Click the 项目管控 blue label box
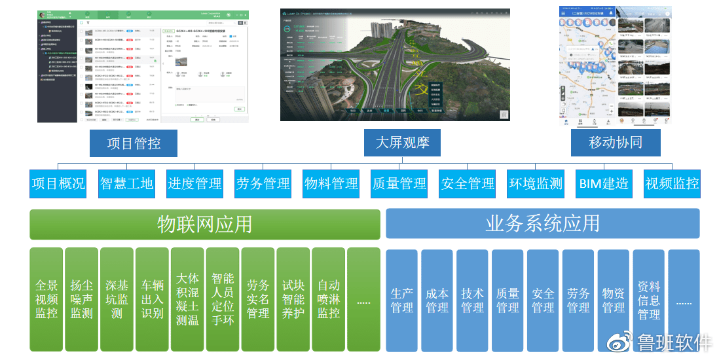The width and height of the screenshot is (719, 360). point(134,143)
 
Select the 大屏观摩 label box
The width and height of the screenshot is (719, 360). point(402,143)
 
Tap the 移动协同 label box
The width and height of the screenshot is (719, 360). point(616,143)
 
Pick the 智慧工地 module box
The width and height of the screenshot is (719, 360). point(126,184)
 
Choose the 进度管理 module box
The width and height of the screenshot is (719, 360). point(194,184)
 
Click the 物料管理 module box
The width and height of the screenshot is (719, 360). point(331,184)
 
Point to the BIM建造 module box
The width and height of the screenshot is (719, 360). point(603,184)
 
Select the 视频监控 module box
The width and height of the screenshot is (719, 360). point(672,184)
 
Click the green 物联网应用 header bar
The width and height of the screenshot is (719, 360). point(204,225)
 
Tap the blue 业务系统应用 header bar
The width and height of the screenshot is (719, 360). point(542,224)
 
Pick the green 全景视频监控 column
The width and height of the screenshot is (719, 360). point(46,299)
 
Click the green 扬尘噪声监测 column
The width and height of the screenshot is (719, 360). point(82,299)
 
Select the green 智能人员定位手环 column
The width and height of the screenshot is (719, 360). point(223,299)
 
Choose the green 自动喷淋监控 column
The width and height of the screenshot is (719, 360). point(329,299)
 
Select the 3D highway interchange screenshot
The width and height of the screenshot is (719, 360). point(395,64)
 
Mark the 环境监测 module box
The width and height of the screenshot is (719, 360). point(535,184)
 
